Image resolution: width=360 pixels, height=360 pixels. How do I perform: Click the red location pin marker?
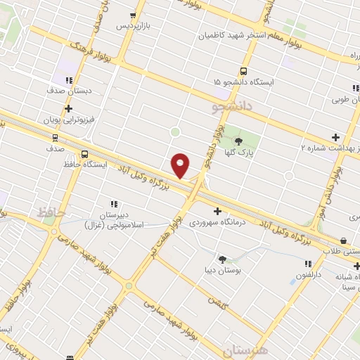(181, 164)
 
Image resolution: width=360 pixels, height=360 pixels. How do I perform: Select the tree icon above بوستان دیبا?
(222, 259)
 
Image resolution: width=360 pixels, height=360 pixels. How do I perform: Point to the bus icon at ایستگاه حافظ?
(85, 154)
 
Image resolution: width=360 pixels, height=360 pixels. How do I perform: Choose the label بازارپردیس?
(133, 26)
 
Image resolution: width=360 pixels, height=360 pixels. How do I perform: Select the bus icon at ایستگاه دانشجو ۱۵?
(243, 72)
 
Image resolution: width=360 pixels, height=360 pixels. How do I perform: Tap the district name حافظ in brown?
(49, 212)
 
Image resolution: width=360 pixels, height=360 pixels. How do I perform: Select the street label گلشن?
(215, 300)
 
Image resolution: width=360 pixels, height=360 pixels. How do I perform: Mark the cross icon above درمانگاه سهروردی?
(217, 211)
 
